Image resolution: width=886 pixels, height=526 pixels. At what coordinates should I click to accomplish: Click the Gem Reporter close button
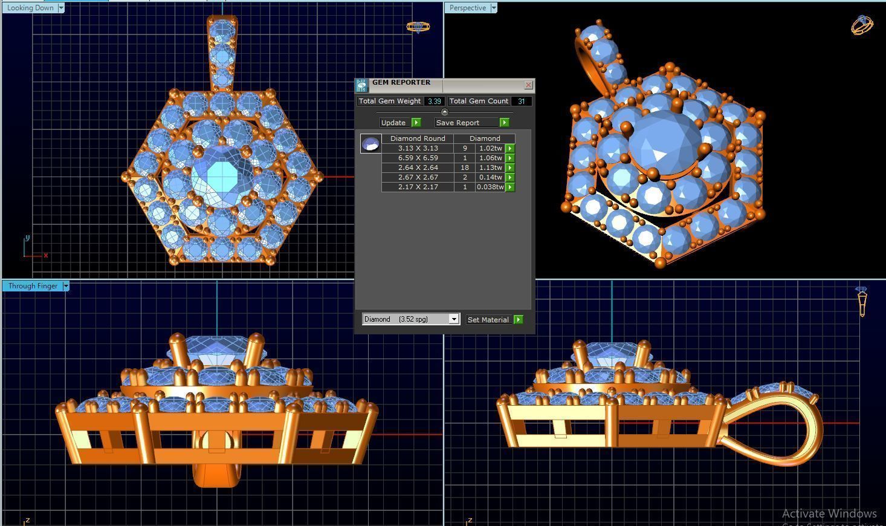click(x=528, y=85)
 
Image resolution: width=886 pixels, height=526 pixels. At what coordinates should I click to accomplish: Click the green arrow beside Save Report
click(x=504, y=123)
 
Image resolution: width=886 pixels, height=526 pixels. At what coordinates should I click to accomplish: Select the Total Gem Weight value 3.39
click(x=434, y=102)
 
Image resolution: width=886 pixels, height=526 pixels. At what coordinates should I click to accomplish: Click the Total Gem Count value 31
click(x=521, y=102)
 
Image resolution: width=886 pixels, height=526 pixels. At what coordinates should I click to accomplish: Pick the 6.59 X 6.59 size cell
click(x=418, y=158)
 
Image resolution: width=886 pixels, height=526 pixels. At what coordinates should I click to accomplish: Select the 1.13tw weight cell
click(x=490, y=167)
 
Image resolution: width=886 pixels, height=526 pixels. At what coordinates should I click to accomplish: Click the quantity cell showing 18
click(x=465, y=167)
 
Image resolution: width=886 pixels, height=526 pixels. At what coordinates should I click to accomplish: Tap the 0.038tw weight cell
click(x=490, y=187)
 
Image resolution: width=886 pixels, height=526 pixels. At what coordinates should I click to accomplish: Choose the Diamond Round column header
click(x=418, y=138)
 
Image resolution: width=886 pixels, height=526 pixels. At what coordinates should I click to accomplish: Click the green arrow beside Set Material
click(x=518, y=319)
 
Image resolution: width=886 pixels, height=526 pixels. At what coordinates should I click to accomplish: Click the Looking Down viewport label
click(x=30, y=8)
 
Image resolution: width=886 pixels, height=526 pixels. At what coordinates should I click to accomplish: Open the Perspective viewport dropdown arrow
click(x=494, y=8)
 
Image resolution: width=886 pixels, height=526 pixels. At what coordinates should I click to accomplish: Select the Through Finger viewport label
click(x=33, y=286)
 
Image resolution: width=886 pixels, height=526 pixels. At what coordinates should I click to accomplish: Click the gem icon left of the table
click(x=370, y=144)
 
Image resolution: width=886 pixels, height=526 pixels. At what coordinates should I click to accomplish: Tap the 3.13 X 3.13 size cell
click(x=418, y=148)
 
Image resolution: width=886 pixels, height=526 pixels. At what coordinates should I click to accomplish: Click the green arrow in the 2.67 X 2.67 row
click(x=509, y=177)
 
